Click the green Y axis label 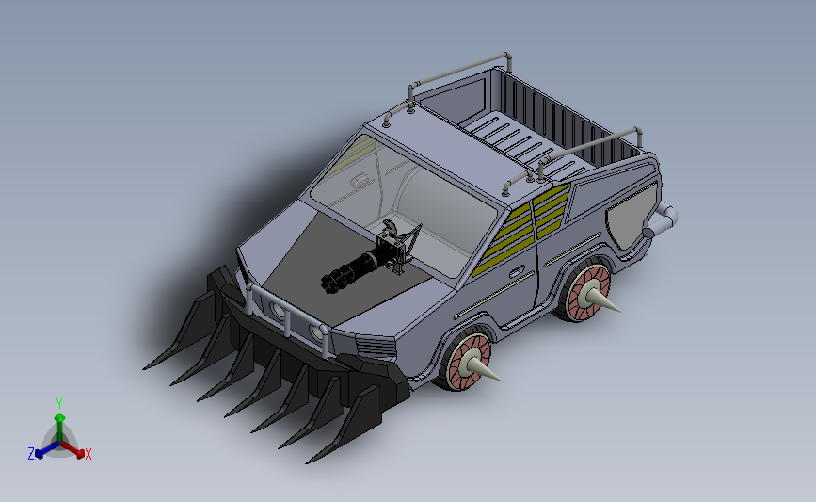pos(58,404)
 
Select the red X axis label pos(88,454)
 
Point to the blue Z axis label pos(31,454)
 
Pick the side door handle pos(517,272)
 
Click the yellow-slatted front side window pos(504,238)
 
